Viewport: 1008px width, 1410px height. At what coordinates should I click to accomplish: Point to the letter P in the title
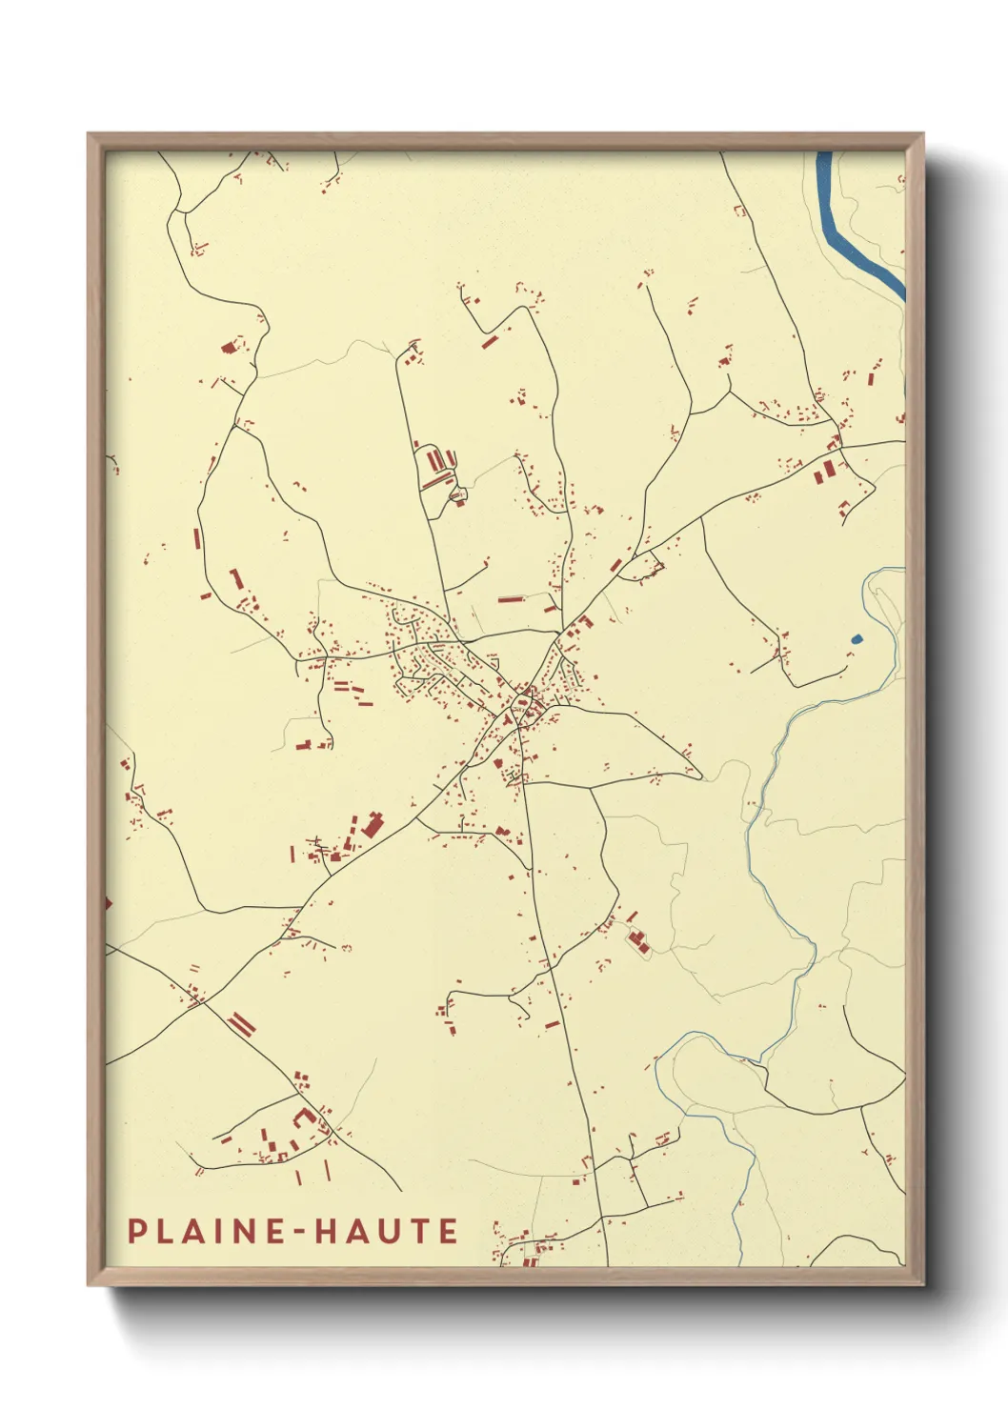(137, 1231)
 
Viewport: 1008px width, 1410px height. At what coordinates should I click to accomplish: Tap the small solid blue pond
(856, 639)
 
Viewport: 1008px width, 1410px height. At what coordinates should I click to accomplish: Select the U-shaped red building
(305, 1117)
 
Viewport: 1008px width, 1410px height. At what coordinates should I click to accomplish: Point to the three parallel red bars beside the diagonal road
(242, 1025)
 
